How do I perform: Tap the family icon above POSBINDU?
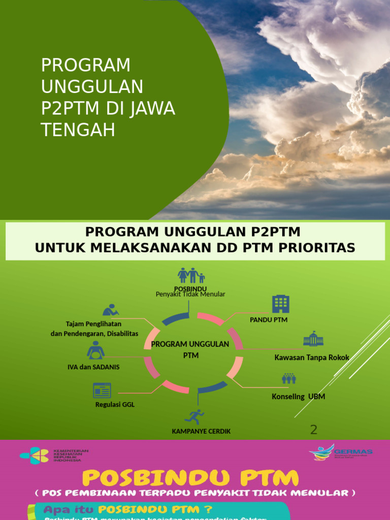pyautogui.click(x=191, y=275)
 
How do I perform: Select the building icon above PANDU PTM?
pyautogui.click(x=280, y=304)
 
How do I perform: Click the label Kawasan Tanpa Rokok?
pyautogui.click(x=312, y=357)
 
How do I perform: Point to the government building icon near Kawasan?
pyautogui.click(x=313, y=339)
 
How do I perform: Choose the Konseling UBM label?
pyautogui.click(x=298, y=396)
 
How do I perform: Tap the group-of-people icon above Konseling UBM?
pyautogui.click(x=288, y=378)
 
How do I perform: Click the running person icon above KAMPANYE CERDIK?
pyautogui.click(x=194, y=417)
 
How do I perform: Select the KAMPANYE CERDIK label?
pyautogui.click(x=201, y=431)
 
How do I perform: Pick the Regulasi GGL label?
pyautogui.click(x=115, y=405)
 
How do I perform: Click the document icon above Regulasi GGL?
pyautogui.click(x=102, y=390)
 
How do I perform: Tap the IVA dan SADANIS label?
pyautogui.click(x=93, y=367)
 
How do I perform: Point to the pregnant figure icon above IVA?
pyautogui.click(x=95, y=350)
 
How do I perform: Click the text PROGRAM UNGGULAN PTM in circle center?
pyautogui.click(x=190, y=349)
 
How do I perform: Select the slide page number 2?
pyautogui.click(x=314, y=430)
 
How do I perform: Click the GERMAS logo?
pyautogui.click(x=341, y=451)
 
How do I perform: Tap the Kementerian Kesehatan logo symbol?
pyautogui.click(x=34, y=456)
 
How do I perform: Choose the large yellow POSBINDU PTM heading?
pyautogui.click(x=190, y=478)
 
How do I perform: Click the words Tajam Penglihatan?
pyautogui.click(x=93, y=323)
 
